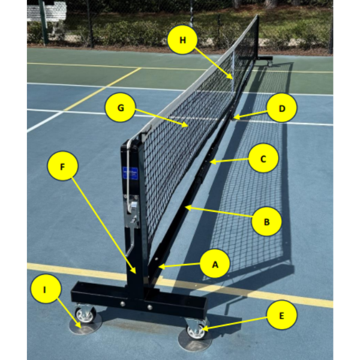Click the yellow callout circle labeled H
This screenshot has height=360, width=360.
[182, 40]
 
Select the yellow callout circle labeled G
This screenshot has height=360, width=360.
[121, 107]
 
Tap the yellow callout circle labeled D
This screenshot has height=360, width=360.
[282, 107]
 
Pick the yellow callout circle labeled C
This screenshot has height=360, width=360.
[263, 158]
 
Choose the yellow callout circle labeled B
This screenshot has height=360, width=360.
[266, 221]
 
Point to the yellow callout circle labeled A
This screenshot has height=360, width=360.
[215, 264]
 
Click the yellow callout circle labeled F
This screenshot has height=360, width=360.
[62, 166]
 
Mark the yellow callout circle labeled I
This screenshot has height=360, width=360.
[46, 289]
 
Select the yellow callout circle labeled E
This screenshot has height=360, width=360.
[282, 315]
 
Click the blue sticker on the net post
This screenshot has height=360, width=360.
[130, 173]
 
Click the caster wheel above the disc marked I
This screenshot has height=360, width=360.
[85, 314]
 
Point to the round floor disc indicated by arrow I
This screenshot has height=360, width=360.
[85, 325]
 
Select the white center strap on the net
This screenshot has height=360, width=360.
[233, 73]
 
